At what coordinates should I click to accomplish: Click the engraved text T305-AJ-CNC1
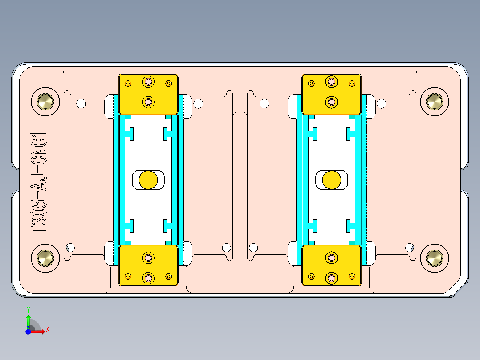coord(39,182)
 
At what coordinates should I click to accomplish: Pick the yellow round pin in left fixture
coord(148,180)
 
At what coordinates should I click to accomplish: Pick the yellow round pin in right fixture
coord(332,180)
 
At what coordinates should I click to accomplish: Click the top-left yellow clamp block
coord(148,94)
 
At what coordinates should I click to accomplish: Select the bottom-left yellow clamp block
coord(148,266)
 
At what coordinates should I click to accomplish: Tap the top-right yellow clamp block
coord(332,94)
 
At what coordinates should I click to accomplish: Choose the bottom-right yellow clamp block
coord(332,266)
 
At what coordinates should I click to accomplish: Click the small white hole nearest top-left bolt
coord(81,104)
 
